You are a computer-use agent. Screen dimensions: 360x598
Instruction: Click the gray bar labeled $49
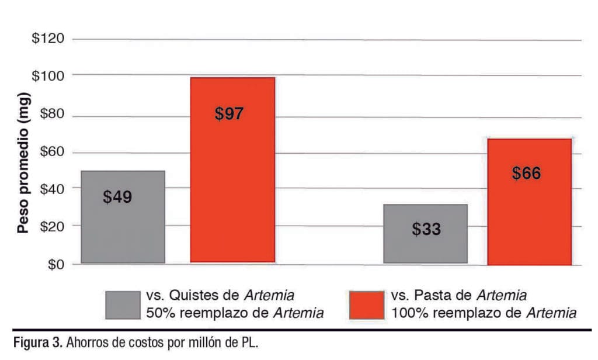[123, 217]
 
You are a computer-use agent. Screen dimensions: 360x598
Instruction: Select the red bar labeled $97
[232, 169]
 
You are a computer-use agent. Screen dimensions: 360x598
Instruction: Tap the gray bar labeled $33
[425, 234]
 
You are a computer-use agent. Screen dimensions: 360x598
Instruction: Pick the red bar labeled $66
[529, 201]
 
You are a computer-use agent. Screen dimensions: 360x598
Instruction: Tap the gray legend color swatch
[123, 305]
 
